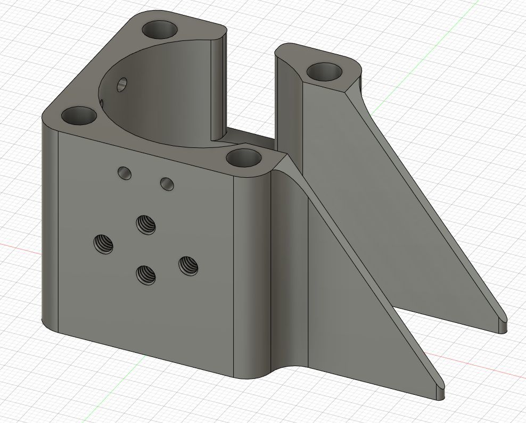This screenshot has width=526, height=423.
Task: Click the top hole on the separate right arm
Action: point(325,71)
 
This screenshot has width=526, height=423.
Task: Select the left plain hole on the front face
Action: point(125,172)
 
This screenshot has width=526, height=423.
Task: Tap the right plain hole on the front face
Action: point(167,184)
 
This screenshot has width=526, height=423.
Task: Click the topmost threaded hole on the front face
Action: point(145,224)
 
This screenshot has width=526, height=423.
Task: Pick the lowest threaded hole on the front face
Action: point(145,274)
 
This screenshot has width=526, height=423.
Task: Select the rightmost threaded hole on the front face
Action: point(187,265)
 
